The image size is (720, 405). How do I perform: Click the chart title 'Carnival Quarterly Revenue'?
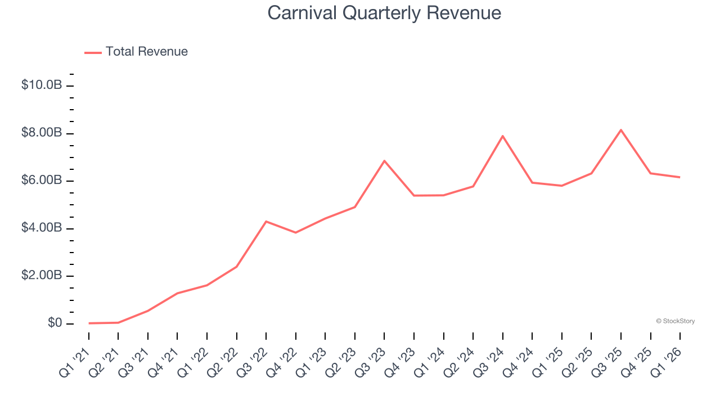coord(384,12)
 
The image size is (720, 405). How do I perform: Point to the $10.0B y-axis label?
coord(41,85)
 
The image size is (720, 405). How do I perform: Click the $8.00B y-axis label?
coord(41,133)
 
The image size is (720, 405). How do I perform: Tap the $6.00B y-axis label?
coord(41,181)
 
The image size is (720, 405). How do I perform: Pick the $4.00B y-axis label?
coord(41,228)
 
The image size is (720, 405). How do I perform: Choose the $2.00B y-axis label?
coord(41,276)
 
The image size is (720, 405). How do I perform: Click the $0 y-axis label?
coord(55,323)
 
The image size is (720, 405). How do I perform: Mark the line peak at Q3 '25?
coord(621,130)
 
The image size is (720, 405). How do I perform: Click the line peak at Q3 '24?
coord(502,136)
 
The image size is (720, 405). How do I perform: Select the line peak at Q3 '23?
coord(384,161)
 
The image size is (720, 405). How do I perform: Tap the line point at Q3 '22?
coord(266,222)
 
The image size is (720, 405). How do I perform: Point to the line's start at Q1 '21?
coord(89,323)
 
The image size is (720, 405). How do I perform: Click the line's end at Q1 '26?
coord(680,177)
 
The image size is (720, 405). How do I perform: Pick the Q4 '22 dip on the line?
coord(296,232)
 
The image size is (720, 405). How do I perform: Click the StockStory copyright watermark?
coord(675,321)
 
